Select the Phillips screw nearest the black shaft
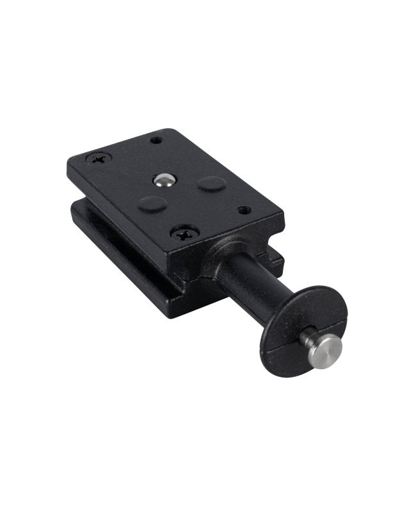[x=182, y=235]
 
